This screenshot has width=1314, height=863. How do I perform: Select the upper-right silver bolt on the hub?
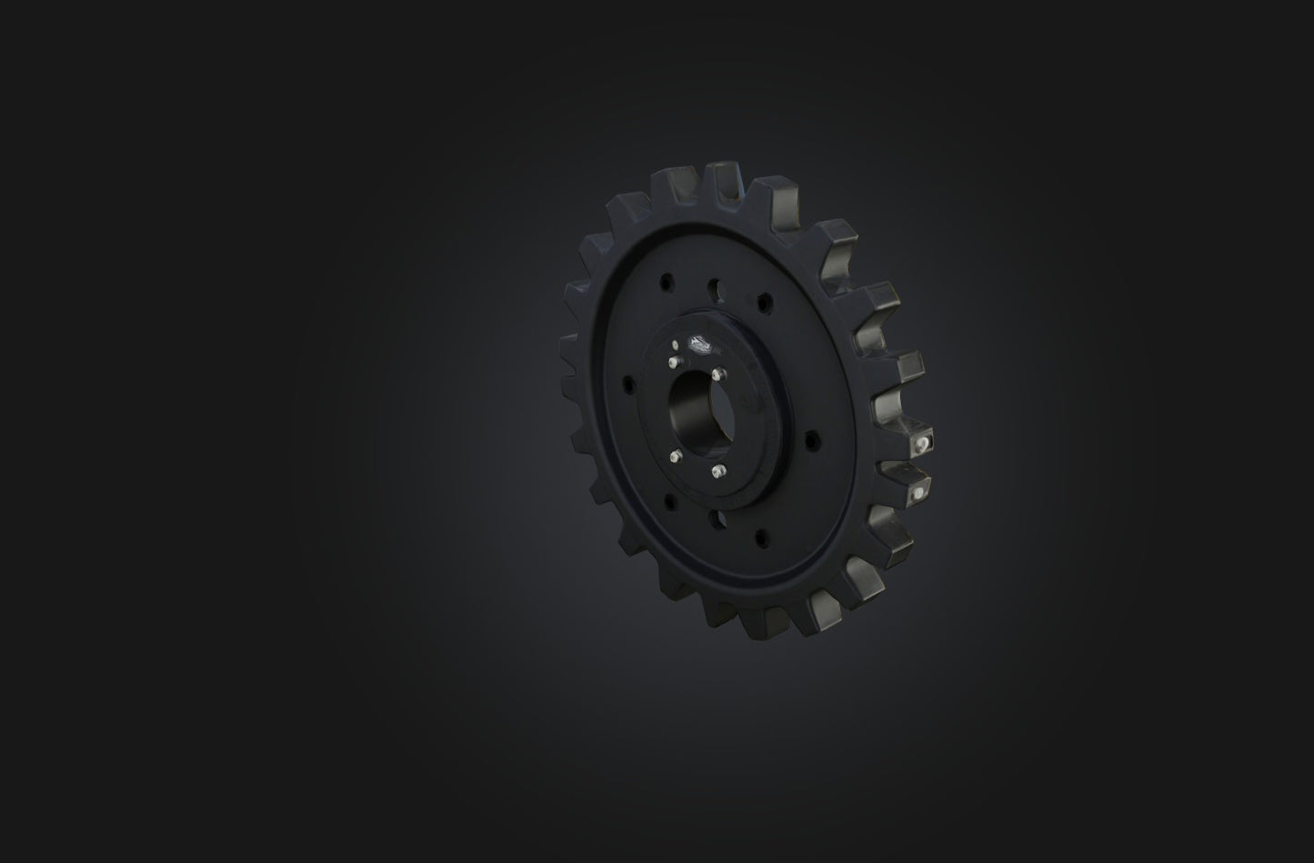[718, 374]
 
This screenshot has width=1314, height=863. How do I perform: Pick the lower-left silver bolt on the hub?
[676, 458]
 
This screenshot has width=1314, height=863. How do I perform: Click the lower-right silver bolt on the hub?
[718, 471]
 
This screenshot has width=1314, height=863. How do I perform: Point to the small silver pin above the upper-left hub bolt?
[674, 346]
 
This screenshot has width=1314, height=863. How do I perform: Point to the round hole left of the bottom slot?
[670, 500]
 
